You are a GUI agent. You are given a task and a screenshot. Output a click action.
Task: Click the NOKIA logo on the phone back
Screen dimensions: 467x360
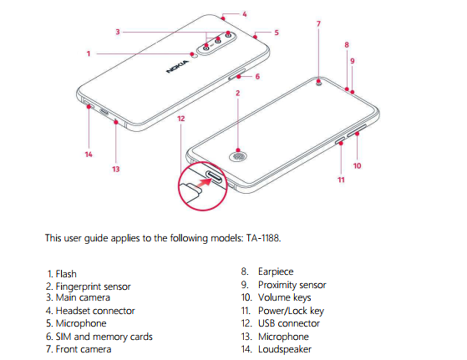[178, 66]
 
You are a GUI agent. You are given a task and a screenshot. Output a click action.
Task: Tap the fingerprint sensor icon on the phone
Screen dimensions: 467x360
[237, 156]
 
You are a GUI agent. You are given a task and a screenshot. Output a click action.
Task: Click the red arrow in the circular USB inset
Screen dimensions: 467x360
[206, 183]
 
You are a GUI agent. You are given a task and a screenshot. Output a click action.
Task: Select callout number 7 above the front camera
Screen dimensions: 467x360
[318, 24]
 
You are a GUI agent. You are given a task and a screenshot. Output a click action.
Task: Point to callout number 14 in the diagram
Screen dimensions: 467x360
[89, 155]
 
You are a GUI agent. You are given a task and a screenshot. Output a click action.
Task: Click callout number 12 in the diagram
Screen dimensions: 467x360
[181, 119]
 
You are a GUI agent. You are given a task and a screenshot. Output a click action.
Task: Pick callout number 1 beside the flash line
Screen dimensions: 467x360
[89, 53]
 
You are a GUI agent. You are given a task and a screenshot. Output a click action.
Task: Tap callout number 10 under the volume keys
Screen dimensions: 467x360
[357, 165]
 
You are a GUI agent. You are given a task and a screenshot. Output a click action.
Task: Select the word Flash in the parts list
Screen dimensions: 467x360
[66, 274]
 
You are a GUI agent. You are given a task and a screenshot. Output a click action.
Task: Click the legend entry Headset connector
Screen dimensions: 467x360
[95, 311]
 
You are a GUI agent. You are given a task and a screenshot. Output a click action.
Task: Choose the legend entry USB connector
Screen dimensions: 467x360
[289, 323]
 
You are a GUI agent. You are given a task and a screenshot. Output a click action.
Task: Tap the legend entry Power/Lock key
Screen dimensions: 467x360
[291, 311]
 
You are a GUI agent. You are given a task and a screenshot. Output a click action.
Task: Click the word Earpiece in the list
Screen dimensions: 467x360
[276, 271]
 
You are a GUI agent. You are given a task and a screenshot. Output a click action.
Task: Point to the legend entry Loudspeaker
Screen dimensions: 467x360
[285, 349]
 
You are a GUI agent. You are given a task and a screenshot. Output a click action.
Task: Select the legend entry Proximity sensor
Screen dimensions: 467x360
[292, 285]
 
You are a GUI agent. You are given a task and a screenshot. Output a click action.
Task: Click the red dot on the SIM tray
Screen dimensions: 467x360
[239, 77]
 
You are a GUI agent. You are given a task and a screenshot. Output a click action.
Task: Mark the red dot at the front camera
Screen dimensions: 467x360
[318, 81]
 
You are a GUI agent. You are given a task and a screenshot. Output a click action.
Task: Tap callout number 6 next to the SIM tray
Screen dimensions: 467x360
[257, 77]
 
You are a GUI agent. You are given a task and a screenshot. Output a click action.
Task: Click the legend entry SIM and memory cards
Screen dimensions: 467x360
[104, 337]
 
